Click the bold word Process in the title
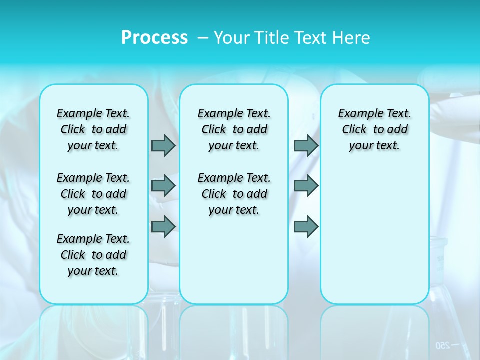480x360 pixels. (x=154, y=38)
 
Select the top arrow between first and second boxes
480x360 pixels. (x=163, y=145)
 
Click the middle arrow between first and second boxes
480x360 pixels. (x=163, y=186)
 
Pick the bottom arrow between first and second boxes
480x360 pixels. (x=163, y=227)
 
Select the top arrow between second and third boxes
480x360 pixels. (x=306, y=145)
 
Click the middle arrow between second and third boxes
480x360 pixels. (x=306, y=186)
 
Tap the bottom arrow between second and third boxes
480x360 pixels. (x=306, y=227)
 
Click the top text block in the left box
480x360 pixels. (x=93, y=129)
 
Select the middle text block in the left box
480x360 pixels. (x=93, y=194)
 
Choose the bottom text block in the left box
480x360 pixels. (x=93, y=255)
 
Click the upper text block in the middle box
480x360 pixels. (x=234, y=129)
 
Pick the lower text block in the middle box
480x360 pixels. (x=234, y=194)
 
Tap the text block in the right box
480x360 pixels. (x=375, y=129)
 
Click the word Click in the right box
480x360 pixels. (x=354, y=130)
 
